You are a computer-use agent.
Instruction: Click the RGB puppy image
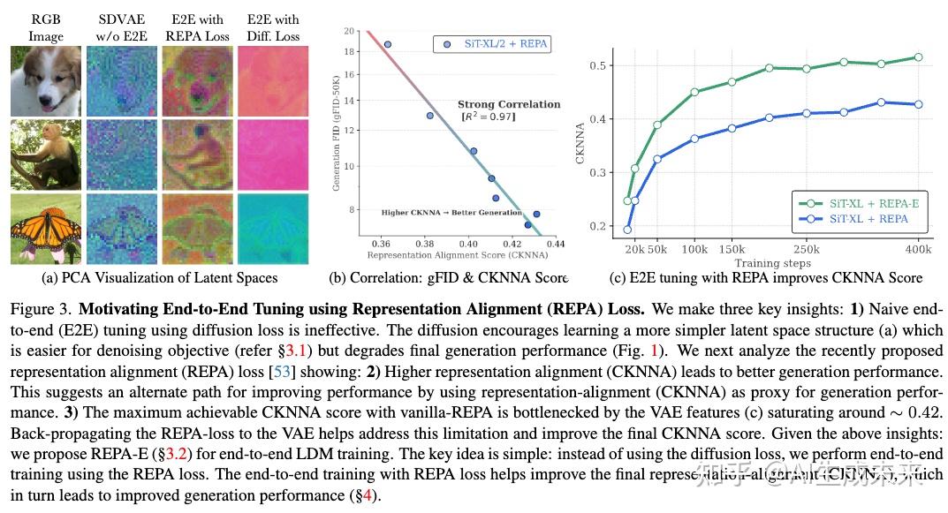46,80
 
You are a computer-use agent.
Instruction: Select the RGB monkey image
46,155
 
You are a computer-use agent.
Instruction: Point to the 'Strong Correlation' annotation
509,104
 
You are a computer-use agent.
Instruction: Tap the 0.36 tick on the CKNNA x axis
383,243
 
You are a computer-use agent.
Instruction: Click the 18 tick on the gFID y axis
348,51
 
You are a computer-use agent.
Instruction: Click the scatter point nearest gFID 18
387,44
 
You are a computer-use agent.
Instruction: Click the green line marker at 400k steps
918,57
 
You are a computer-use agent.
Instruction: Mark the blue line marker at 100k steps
694,139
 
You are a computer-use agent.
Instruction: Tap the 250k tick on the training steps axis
806,250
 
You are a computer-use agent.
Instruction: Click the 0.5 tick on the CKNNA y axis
600,65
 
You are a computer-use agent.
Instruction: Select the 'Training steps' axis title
772,263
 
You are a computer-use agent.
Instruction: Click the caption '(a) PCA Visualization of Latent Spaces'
160,278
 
